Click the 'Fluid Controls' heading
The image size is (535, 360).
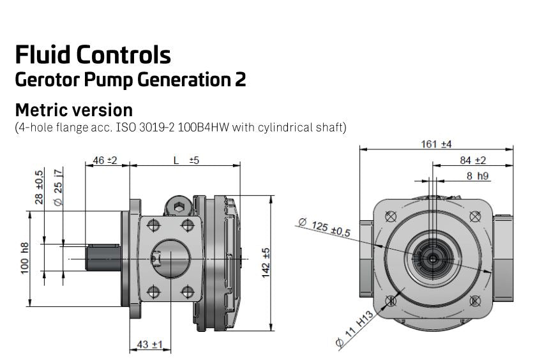(93, 55)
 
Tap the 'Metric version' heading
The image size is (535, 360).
(73, 109)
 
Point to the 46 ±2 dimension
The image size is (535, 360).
(105, 160)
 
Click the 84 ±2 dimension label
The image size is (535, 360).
(472, 160)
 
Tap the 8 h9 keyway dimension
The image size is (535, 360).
(478, 175)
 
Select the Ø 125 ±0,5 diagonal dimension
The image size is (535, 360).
(324, 227)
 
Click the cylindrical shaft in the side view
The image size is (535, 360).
(102, 258)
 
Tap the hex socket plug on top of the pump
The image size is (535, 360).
(179, 206)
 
